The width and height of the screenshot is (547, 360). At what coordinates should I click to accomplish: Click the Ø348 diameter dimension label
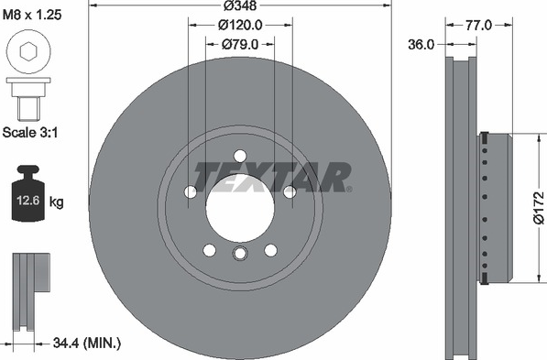tap(240, 5)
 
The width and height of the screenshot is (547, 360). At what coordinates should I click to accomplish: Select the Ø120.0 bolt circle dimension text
tap(240, 25)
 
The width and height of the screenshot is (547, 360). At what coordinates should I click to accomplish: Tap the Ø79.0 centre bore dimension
tap(240, 44)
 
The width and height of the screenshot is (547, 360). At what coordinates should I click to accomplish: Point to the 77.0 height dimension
tap(478, 25)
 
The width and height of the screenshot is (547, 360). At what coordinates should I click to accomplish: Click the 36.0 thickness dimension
tap(421, 45)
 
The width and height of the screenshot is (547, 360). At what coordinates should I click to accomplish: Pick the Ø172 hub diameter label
tap(539, 207)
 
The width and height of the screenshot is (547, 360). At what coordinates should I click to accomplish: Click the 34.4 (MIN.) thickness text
tap(87, 344)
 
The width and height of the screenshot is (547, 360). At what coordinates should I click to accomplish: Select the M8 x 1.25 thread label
tap(32, 15)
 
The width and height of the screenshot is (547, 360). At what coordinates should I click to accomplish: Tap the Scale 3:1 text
tap(30, 133)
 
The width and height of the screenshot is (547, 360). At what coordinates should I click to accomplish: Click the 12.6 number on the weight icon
tap(28, 201)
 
